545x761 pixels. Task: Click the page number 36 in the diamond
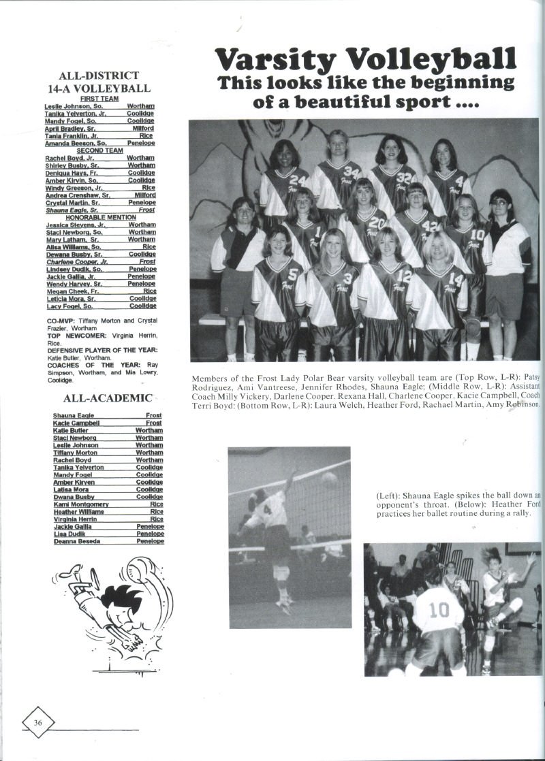pyautogui.click(x=38, y=722)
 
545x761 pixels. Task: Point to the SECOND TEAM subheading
pyautogui.click(x=99, y=150)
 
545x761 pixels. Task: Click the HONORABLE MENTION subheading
pyautogui.click(x=99, y=217)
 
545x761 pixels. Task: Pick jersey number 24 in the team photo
pyautogui.click(x=297, y=180)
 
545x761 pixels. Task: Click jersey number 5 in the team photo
pyautogui.click(x=292, y=276)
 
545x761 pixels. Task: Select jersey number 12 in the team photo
pyautogui.click(x=404, y=277)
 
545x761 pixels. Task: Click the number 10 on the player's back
pyautogui.click(x=439, y=608)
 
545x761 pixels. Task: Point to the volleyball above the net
pyautogui.click(x=329, y=479)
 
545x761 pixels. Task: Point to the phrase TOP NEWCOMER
pyautogui.click(x=78, y=336)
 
